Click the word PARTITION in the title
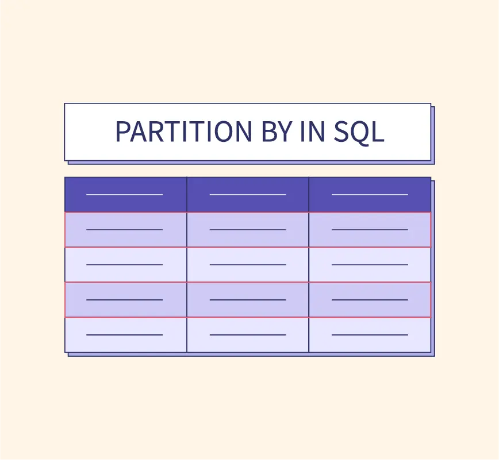coord(183,132)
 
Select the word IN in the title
coord(313,132)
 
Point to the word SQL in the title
coord(359,132)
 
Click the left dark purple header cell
coord(126,195)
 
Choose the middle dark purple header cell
coord(248,195)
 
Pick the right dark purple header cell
coord(370,195)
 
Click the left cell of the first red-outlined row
coord(126,230)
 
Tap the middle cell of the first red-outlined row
coord(248,230)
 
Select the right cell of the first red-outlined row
coord(370,230)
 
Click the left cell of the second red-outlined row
coord(126,300)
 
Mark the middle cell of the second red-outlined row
coord(248,300)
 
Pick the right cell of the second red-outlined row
coord(370,300)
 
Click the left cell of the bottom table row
coord(126,335)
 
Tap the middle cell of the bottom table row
coord(248,335)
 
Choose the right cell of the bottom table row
coord(370,335)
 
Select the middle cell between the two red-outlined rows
coord(248,265)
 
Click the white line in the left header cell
coord(124,195)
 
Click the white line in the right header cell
coord(370,195)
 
